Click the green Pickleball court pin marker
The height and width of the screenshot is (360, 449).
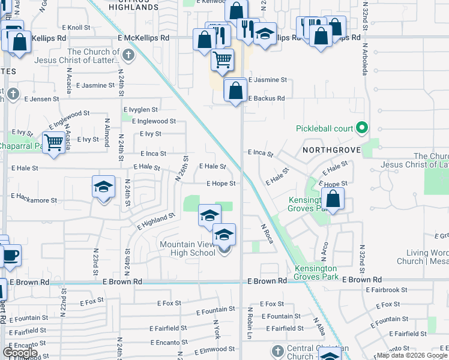(x=361, y=128)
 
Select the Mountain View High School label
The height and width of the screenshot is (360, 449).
(x=187, y=248)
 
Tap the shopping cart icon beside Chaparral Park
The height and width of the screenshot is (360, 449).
(x=54, y=142)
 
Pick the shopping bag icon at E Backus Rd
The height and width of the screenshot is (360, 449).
(x=235, y=91)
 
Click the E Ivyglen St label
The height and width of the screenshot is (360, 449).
(x=140, y=110)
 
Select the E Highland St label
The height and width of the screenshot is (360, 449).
(x=155, y=221)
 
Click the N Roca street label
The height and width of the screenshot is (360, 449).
(x=267, y=233)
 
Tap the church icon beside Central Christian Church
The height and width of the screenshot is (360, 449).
(x=277, y=350)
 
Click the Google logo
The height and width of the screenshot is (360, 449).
(x=20, y=352)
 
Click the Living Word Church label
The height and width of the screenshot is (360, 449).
(x=423, y=257)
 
